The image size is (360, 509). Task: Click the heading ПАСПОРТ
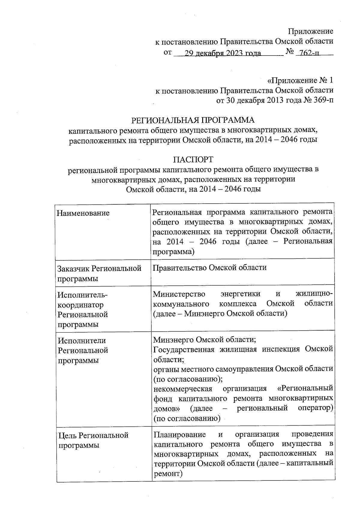193,159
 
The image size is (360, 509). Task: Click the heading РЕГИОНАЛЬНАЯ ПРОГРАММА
193,120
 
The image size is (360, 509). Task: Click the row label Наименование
83,213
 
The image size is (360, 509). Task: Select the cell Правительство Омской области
209,267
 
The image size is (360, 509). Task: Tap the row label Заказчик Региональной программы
99,273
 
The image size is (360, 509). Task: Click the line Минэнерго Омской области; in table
204,340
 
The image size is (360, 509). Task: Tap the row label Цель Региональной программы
93,440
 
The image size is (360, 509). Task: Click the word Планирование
179,434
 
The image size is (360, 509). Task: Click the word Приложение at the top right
310,31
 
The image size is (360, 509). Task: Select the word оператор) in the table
316,408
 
